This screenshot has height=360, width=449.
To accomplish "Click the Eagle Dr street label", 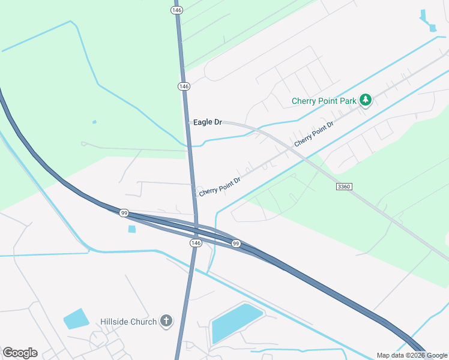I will pos(208,122).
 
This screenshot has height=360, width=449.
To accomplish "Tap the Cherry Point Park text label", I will pos(324,101).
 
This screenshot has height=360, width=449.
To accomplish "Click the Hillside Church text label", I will pos(129,322).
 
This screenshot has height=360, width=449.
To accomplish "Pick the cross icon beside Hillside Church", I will pos(166,322).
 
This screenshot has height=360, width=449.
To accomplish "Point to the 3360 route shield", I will pos(344,187).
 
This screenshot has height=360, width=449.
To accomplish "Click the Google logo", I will pos(20,353).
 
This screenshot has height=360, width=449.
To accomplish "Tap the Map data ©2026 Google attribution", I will pos(412,355).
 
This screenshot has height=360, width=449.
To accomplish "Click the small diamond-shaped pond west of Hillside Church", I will pos(76,319).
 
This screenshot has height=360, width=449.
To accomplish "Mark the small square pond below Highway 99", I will pos(132,229).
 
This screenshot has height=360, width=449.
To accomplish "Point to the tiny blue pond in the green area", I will pos(94,122).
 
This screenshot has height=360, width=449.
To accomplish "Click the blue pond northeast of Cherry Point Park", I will pos(429,21).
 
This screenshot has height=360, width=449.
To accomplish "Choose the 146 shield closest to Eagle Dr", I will pos(184,86).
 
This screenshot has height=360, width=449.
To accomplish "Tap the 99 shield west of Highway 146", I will pos(124,213).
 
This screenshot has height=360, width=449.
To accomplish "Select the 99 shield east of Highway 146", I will pos(236,243).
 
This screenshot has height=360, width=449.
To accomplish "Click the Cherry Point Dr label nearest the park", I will pos(314,134).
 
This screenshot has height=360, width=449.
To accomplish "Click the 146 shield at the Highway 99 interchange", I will pos(196,242).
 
